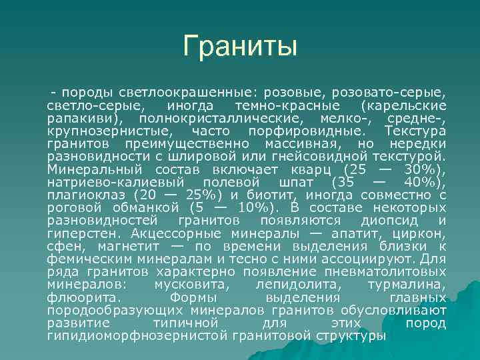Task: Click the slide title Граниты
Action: coord(240,47)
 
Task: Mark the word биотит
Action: coord(269,195)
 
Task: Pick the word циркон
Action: coord(421,234)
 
